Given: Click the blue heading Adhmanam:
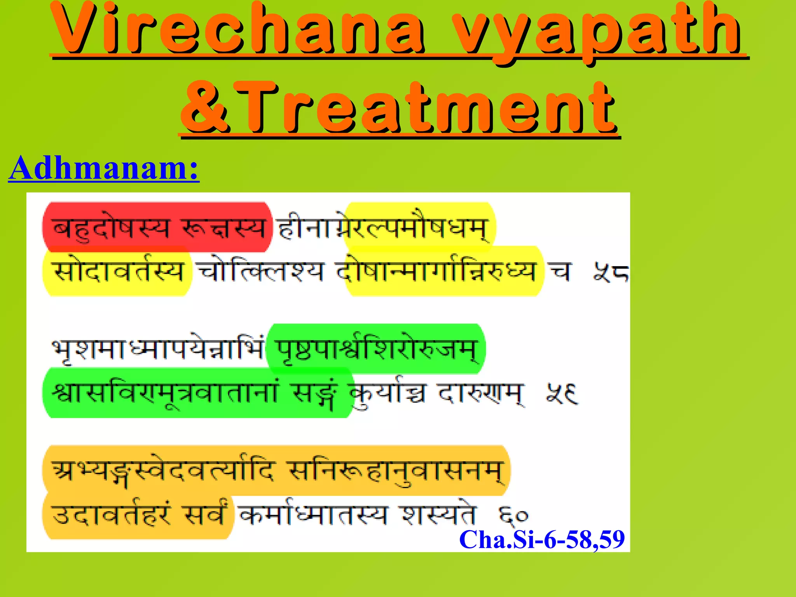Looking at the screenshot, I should pyautogui.click(x=104, y=168).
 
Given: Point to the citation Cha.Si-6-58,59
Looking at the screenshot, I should pyautogui.click(x=542, y=539).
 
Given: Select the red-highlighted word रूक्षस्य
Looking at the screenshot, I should pyautogui.click(x=223, y=228).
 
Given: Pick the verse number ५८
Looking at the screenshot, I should pyautogui.click(x=610, y=272).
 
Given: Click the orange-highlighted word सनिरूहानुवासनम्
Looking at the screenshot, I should pyautogui.click(x=396, y=471).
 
